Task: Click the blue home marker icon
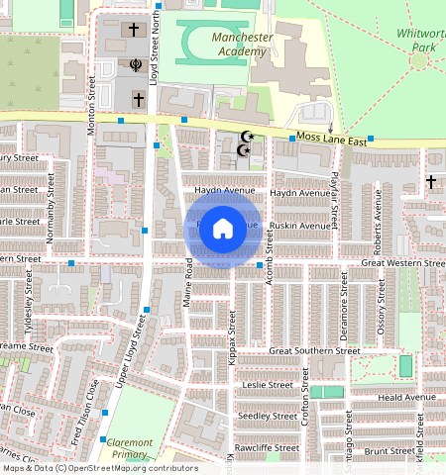(x=223, y=229)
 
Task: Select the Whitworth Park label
(x=420, y=40)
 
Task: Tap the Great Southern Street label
(x=314, y=350)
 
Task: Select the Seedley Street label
(x=270, y=416)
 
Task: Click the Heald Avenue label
(x=406, y=397)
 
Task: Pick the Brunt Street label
(x=388, y=450)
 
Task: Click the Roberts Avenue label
(x=377, y=229)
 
